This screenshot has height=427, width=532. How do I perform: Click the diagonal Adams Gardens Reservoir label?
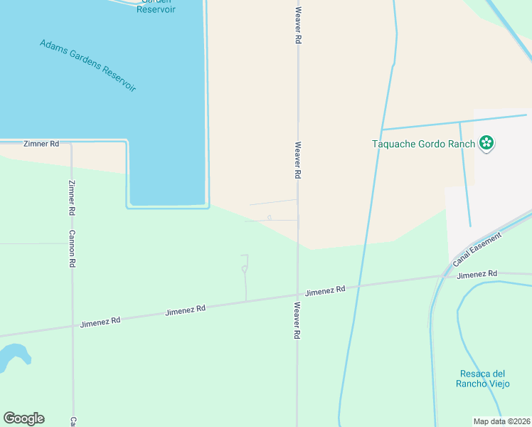[87, 65]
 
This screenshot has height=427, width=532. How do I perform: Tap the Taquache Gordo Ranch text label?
[424, 144]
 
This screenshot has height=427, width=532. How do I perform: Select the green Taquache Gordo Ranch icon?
[486, 144]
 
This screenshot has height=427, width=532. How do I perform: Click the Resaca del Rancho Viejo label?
[482, 379]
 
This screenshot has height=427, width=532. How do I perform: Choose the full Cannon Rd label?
[72, 248]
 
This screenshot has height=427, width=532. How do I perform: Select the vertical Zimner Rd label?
[71, 198]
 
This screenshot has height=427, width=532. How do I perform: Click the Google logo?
[23, 418]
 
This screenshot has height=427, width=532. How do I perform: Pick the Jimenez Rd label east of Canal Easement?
[477, 274]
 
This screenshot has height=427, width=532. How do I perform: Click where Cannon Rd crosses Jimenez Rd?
[72, 327]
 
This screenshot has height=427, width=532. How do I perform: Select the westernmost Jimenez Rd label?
[100, 321]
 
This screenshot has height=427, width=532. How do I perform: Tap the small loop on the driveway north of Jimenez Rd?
[244, 269]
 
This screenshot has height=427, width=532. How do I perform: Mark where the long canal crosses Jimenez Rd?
[358, 287]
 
